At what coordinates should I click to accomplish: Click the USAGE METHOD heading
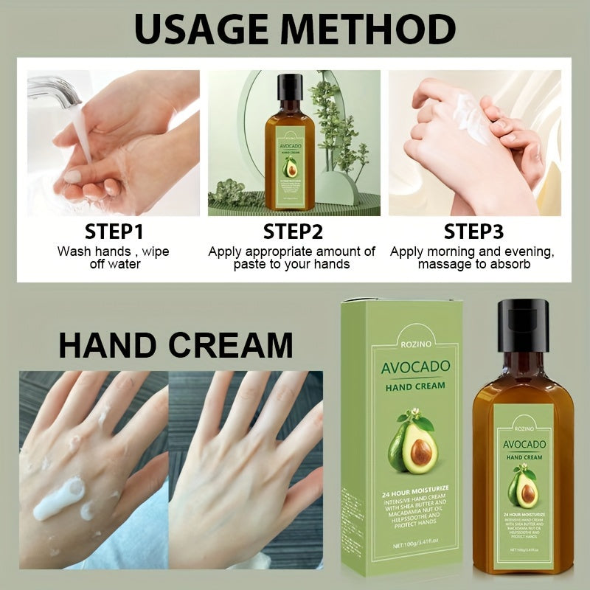click(294, 31)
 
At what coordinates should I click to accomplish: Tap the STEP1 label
click(114, 232)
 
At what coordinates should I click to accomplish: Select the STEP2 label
click(293, 232)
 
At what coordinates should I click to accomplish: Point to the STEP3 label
click(473, 232)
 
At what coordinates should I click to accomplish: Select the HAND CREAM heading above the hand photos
click(176, 345)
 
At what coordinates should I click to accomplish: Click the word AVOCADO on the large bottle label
click(524, 444)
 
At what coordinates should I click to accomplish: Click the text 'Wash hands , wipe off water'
click(114, 257)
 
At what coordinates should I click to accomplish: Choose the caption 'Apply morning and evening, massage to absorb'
click(472, 257)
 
